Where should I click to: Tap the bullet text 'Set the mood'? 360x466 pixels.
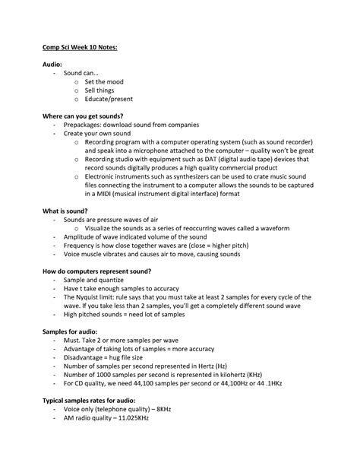click(x=104, y=82)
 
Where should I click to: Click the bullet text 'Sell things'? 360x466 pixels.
click(x=101, y=90)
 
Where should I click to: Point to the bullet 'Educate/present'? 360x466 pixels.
click(x=109, y=99)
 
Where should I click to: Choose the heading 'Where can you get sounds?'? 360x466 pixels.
click(x=84, y=116)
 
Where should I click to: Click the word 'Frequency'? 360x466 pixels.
click(x=81, y=245)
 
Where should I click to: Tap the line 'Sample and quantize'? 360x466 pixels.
click(x=94, y=280)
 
